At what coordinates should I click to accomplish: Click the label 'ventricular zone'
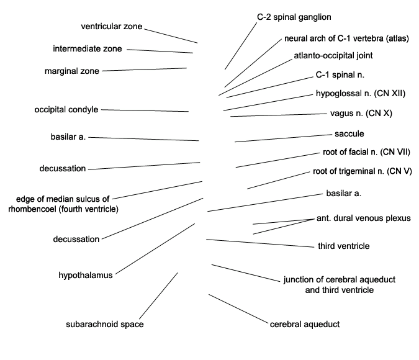pyautogui.click(x=112, y=27)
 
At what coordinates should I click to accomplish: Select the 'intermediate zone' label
pyautogui.click(x=88, y=48)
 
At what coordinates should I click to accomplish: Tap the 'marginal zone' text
pyautogui.click(x=72, y=71)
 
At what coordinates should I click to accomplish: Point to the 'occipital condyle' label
pyautogui.click(x=66, y=110)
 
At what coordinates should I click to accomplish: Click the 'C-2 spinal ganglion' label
pyautogui.click(x=294, y=17)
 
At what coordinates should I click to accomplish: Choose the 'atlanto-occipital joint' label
pyautogui.click(x=333, y=56)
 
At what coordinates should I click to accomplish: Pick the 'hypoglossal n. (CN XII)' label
pyautogui.click(x=361, y=94)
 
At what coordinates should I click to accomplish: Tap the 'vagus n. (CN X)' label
pyautogui.click(x=361, y=114)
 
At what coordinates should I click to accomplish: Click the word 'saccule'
pyautogui.click(x=349, y=133)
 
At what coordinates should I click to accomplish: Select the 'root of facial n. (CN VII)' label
pyautogui.click(x=366, y=152)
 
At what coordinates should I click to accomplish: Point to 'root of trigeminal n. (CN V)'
pyautogui.click(x=363, y=171)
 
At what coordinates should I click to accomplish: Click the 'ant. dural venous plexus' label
pyautogui.click(x=363, y=218)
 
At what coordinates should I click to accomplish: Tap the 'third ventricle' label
pyautogui.click(x=344, y=246)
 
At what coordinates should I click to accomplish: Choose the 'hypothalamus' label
pyautogui.click(x=86, y=276)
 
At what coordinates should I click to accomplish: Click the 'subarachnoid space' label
pyautogui.click(x=105, y=324)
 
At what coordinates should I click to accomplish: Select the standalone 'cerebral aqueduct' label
pyautogui.click(x=305, y=324)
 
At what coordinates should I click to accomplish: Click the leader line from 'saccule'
pyautogui.click(x=283, y=138)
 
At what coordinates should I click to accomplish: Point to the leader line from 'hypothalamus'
pyautogui.click(x=155, y=249)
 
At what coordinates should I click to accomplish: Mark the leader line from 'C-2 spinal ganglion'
pyautogui.click(x=241, y=46)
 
